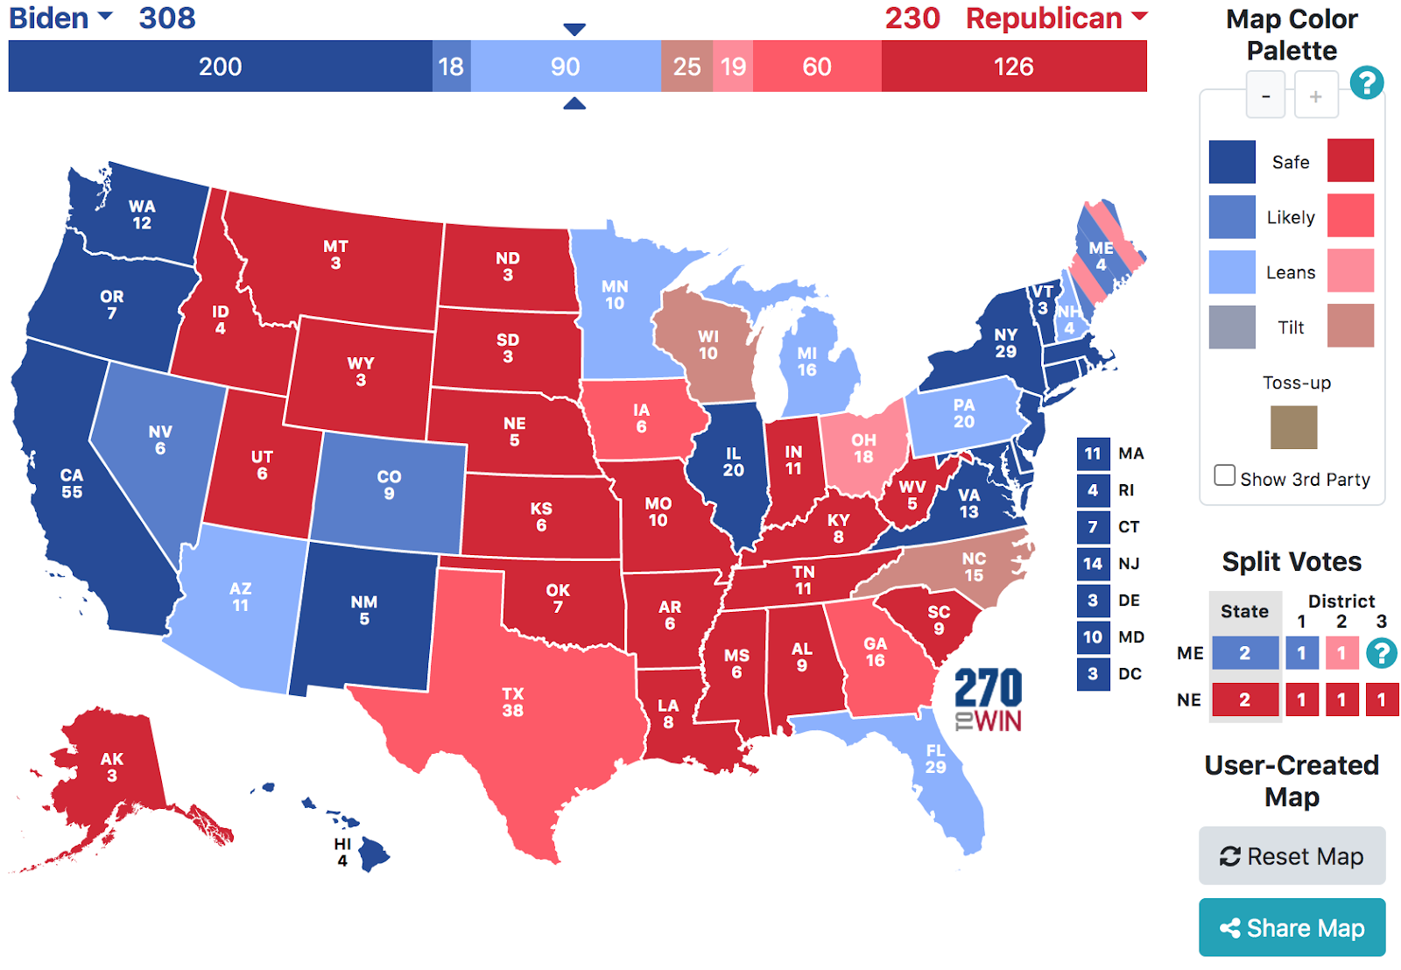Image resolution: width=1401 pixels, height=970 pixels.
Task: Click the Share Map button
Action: (x=1292, y=927)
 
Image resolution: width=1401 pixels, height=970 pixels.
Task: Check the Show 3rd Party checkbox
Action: (x=1224, y=475)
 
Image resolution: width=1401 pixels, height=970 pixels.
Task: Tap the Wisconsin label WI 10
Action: (x=708, y=345)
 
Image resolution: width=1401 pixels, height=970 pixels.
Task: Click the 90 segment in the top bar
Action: (x=565, y=67)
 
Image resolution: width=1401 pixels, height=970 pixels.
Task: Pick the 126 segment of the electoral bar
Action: (x=1013, y=67)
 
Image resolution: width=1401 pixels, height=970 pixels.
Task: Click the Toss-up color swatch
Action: (x=1293, y=426)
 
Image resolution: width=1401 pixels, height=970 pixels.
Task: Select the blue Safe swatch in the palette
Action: (x=1232, y=162)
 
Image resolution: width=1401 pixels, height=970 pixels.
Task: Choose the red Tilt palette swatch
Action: (x=1349, y=327)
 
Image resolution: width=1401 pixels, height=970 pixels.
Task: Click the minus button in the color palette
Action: (x=1265, y=96)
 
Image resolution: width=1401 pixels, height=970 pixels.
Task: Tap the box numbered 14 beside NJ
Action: (x=1093, y=564)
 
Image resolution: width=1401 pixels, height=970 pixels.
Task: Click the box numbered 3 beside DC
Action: (x=1093, y=674)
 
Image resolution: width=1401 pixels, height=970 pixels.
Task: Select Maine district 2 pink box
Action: (x=1341, y=653)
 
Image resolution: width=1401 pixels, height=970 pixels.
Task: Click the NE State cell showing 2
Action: (x=1244, y=700)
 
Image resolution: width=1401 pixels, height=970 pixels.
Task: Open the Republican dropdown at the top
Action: (x=1056, y=18)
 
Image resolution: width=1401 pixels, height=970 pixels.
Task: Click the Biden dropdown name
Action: (x=60, y=18)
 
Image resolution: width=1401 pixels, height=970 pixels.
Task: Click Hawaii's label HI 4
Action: (x=342, y=852)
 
